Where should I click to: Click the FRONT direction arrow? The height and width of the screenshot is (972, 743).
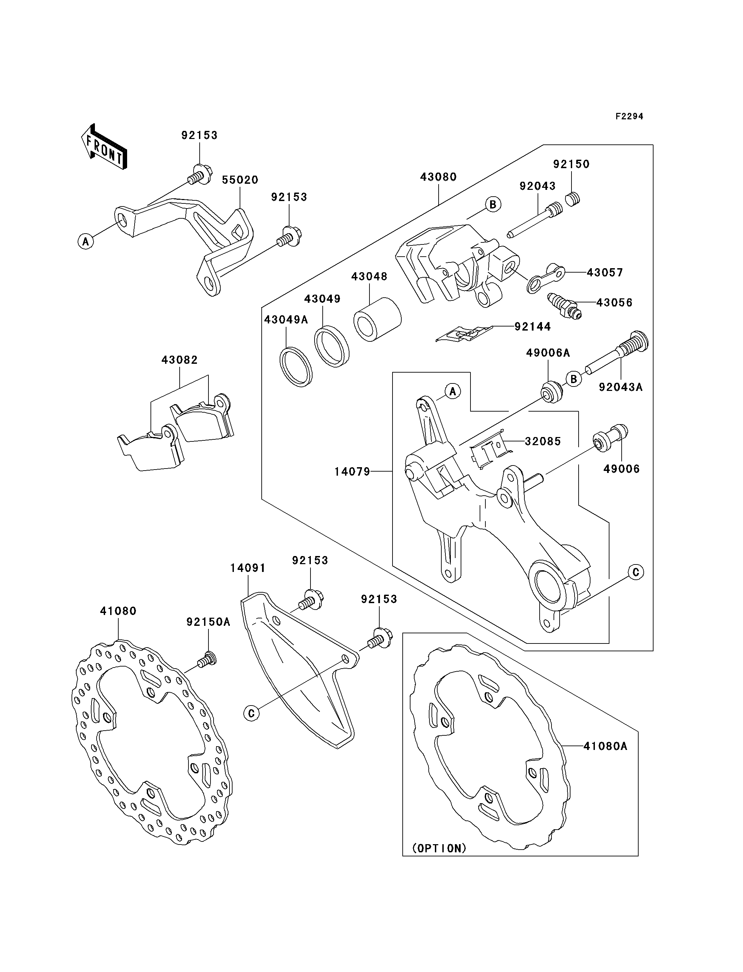[x=104, y=147]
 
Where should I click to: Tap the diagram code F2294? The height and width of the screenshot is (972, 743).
[x=629, y=116]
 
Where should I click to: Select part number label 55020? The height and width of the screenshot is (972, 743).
[x=240, y=180]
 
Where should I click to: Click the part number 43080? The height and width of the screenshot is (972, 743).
[x=438, y=177]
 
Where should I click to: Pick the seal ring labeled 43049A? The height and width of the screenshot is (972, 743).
[x=296, y=367]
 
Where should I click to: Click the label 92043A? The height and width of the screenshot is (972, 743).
[x=621, y=387]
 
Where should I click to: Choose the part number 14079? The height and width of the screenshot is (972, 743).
[x=352, y=472]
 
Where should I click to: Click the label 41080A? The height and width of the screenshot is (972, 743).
[x=605, y=746]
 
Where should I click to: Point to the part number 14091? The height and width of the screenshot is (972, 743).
[x=248, y=568]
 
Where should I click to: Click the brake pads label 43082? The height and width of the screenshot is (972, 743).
[x=180, y=360]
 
